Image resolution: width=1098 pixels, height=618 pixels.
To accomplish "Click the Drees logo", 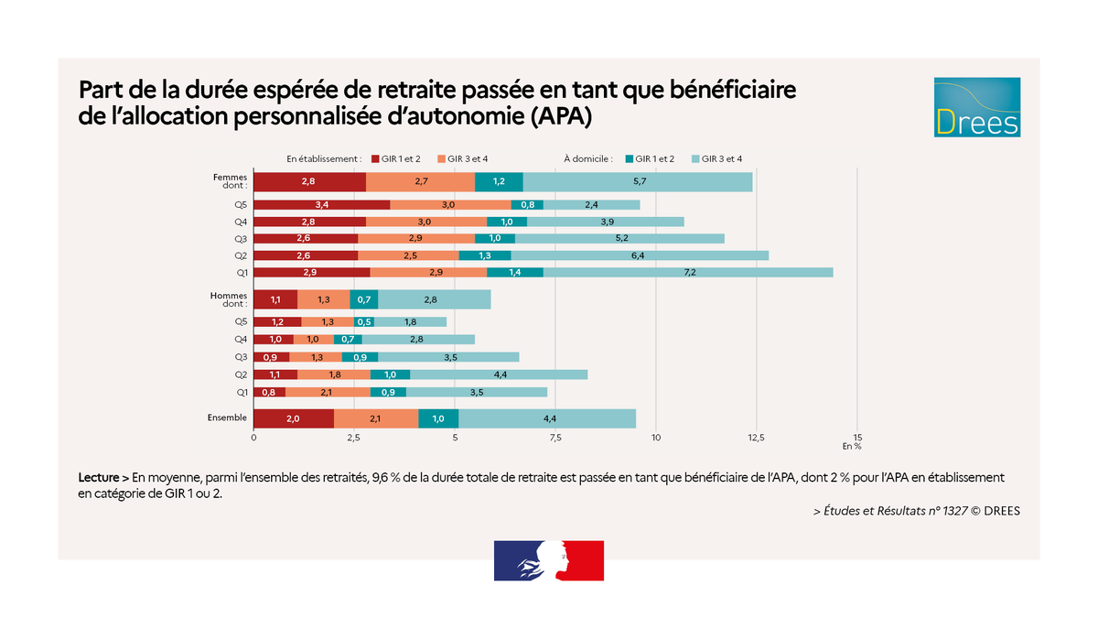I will [976, 107].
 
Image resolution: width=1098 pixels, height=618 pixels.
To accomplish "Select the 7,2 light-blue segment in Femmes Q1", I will [687, 273].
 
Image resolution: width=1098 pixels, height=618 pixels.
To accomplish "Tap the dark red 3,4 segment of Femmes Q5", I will [321, 205].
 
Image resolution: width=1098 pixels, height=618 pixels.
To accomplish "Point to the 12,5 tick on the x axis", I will [756, 438].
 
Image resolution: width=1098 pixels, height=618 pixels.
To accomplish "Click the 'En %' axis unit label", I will [852, 447].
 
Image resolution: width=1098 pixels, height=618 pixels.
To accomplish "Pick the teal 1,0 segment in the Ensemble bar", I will [438, 418].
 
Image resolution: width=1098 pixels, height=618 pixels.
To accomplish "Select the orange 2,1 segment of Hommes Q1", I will [328, 392].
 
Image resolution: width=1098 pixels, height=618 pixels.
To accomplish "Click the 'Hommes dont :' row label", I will [229, 299].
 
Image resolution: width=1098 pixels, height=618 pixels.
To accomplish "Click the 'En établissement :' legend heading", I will [324, 158].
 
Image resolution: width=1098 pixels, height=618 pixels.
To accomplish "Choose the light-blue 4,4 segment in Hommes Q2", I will [499, 374].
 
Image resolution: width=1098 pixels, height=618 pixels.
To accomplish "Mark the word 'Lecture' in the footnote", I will [98, 478].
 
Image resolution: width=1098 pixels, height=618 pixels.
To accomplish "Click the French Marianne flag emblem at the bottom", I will [549, 560].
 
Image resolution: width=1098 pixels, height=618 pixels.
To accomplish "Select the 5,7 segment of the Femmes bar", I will [638, 182].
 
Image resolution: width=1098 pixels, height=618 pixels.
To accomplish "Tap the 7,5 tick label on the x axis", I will [554, 438].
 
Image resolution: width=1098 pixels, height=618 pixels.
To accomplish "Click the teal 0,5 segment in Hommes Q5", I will [364, 322].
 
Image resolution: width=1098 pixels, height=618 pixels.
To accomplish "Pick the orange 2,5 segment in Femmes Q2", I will [408, 256].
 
